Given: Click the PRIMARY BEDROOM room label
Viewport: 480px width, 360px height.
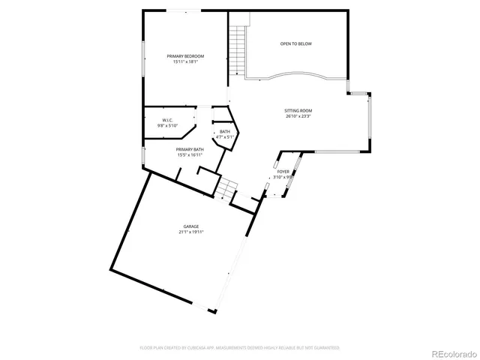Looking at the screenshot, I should pyautogui.click(x=185, y=56).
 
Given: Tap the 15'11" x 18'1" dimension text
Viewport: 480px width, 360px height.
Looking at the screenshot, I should pyautogui.click(x=185, y=61).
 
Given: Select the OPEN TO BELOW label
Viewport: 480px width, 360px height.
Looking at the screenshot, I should pyautogui.click(x=295, y=44).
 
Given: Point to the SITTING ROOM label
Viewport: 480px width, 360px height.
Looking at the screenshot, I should pyautogui.click(x=298, y=110).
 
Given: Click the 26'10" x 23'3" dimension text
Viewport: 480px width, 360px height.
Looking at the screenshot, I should pyautogui.click(x=298, y=116).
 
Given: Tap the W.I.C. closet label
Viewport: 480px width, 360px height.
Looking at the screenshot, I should pyautogui.click(x=167, y=121).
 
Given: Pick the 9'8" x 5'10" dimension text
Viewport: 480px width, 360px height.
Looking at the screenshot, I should pyautogui.click(x=167, y=126).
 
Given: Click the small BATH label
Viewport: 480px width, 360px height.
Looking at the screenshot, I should pyautogui.click(x=225, y=132).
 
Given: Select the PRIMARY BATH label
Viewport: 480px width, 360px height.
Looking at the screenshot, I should pyautogui.click(x=190, y=149).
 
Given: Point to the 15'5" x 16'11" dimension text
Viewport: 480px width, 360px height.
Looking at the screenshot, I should pyautogui.click(x=190, y=154).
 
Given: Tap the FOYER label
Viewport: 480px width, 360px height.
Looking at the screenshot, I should pyautogui.click(x=283, y=172).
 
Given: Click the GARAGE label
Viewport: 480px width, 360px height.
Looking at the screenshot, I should pyautogui.click(x=191, y=226).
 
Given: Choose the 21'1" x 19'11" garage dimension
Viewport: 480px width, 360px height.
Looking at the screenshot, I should pyautogui.click(x=191, y=232).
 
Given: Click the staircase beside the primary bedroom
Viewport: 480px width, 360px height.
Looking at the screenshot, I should pyautogui.click(x=238, y=50).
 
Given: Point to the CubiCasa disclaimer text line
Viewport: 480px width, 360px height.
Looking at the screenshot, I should pyautogui.click(x=240, y=348).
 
